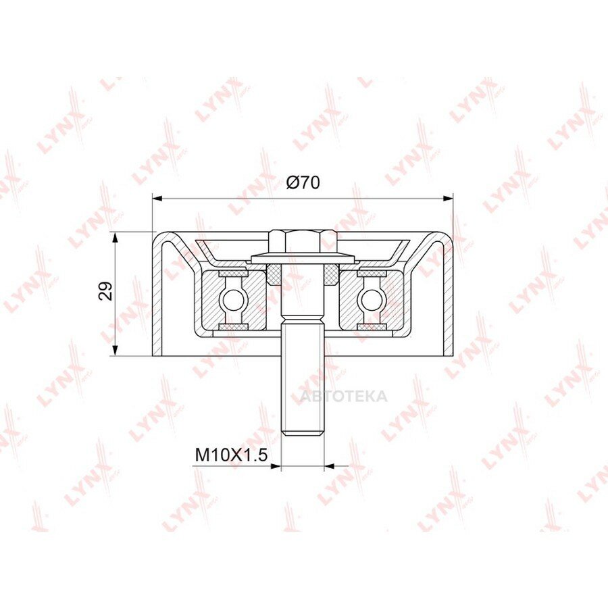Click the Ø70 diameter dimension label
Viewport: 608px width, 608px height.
pos(303,182)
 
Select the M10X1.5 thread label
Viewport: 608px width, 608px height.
pos(232,455)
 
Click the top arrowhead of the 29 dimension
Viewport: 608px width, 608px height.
pos(115,237)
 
